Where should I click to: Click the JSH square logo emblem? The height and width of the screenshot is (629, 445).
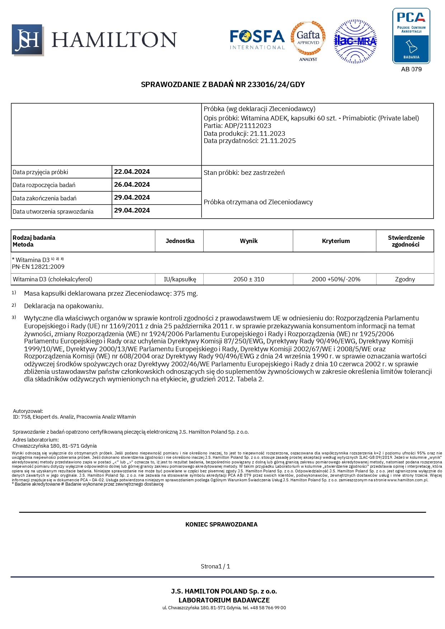click(28, 40)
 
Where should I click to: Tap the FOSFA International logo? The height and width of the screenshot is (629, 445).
click(257, 39)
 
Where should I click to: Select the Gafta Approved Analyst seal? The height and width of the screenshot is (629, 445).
click(308, 40)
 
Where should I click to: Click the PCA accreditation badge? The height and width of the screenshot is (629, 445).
click(411, 36)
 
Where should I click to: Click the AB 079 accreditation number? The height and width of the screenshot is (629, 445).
click(411, 69)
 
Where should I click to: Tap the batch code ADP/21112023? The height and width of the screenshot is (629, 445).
click(248, 126)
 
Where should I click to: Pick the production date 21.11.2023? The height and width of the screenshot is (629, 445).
click(268, 133)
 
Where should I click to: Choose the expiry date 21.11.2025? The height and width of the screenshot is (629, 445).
click(278, 141)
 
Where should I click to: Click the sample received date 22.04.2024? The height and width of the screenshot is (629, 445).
click(132, 172)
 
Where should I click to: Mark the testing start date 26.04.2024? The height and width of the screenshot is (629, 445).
click(132, 185)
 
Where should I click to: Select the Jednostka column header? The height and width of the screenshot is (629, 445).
click(180, 241)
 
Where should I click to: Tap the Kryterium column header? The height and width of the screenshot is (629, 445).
click(336, 241)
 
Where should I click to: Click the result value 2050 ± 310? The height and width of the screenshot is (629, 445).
click(248, 279)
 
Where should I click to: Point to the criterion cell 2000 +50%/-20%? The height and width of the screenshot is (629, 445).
click(336, 279)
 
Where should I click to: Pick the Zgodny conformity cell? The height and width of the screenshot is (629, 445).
click(405, 279)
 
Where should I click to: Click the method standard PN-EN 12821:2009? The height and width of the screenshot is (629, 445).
click(38, 267)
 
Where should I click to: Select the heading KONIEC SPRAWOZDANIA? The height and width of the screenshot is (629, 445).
click(221, 524)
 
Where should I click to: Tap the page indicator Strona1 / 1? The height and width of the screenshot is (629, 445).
click(215, 566)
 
